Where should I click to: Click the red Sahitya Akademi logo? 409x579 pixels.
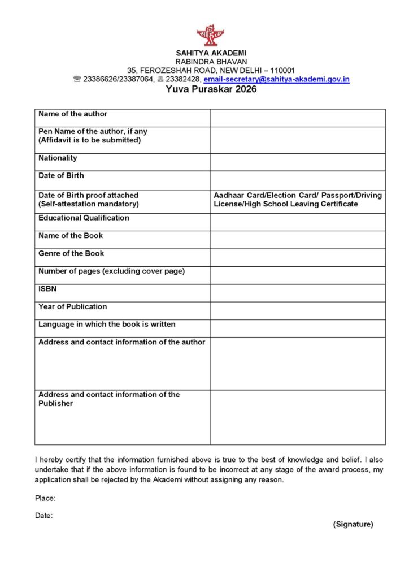(x=210, y=36)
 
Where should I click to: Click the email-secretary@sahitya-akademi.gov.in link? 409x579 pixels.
(x=276, y=79)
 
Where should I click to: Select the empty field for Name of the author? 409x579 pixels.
(x=297, y=118)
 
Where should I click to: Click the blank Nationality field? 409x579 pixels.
(x=297, y=162)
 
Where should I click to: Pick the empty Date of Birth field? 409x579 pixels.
(x=297, y=179)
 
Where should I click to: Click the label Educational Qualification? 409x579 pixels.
(x=84, y=218)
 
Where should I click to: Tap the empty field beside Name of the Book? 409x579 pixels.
(x=297, y=239)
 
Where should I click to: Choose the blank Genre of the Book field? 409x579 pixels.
(x=297, y=257)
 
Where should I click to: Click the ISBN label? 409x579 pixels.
(x=47, y=289)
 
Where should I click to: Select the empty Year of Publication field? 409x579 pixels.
(x=297, y=310)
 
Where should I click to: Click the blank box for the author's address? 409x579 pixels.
(x=297, y=363)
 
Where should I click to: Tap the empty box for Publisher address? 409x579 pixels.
(x=297, y=417)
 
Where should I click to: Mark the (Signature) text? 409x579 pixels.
(x=353, y=524)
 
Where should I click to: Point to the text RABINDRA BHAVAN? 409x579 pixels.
(x=211, y=61)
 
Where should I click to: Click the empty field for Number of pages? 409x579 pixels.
(x=297, y=275)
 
